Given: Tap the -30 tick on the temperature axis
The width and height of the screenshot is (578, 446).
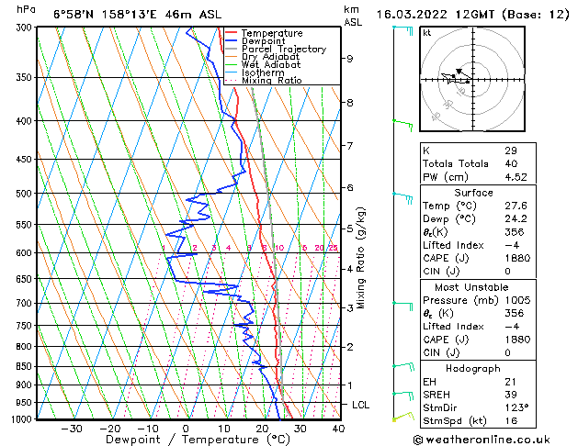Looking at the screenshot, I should pyautogui.click(x=71, y=428).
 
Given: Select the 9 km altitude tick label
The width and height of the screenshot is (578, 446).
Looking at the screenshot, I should pyautogui.click(x=350, y=58).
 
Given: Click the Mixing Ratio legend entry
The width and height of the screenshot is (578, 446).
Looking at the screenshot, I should pyautogui.click(x=271, y=80).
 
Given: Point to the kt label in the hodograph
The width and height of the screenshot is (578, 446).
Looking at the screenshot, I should pyautogui.click(x=426, y=32).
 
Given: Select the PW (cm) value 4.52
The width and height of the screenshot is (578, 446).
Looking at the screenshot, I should pyautogui.click(x=515, y=178).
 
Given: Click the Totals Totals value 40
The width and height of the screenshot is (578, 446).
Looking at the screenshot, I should pyautogui.click(x=511, y=164).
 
